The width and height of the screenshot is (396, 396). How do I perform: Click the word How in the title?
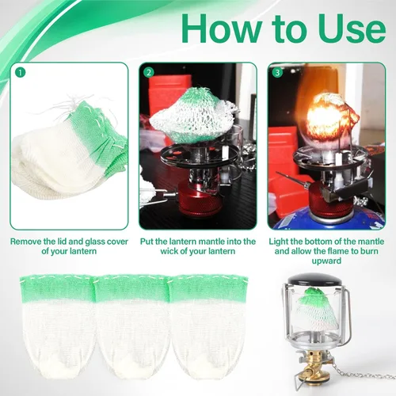pos(223,29)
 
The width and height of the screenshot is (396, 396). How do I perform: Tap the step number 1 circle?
pos(21,72)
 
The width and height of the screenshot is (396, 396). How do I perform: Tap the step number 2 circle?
pos(149,72)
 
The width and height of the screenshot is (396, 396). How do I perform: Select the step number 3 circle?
pos(277,72)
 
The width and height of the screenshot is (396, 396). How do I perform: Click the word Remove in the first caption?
pos(25,242)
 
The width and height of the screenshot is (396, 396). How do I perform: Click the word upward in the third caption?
pos(326,261)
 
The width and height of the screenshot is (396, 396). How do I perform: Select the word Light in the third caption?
pos(278,242)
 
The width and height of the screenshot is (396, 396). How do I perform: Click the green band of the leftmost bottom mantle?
pos(57,288)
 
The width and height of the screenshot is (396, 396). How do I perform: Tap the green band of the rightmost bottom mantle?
pos(208,288)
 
